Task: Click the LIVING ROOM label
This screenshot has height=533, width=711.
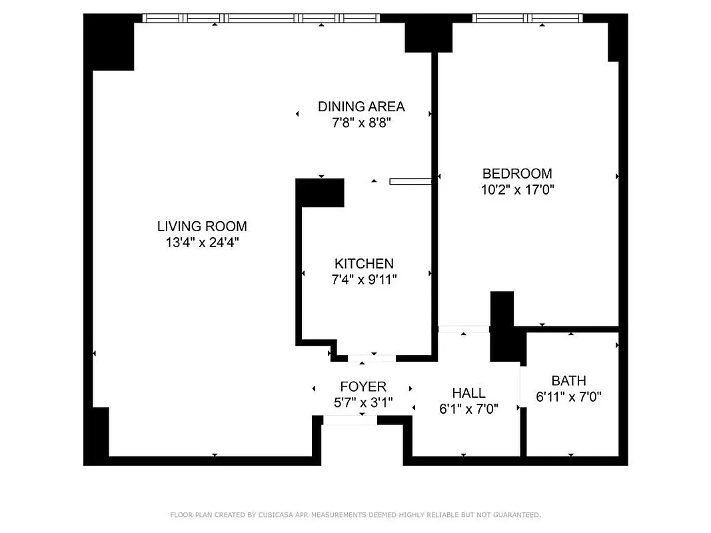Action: [x=202, y=226]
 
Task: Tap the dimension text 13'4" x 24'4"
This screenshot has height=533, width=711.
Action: [x=202, y=243]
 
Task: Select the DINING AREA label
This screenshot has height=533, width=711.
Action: [x=361, y=107]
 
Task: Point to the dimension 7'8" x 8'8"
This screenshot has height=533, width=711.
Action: [x=361, y=123]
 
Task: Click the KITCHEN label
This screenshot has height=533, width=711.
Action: [x=364, y=264]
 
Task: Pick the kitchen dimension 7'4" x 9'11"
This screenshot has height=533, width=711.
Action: [x=364, y=280]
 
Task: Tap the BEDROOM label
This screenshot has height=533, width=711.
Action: [x=517, y=174]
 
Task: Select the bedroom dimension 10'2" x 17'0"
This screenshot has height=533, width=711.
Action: [x=517, y=190]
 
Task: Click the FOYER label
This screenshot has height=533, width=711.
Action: [x=363, y=387]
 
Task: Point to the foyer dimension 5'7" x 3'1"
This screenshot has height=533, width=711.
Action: [x=363, y=403]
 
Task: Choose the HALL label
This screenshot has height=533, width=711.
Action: [x=468, y=393]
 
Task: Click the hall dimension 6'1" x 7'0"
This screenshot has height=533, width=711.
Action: [x=468, y=409]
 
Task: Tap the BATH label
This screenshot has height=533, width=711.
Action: [x=569, y=381]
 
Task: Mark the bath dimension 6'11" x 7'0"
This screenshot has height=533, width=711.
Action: [x=569, y=397]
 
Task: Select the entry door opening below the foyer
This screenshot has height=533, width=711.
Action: [x=350, y=420]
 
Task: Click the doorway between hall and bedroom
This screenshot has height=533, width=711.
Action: [x=464, y=329]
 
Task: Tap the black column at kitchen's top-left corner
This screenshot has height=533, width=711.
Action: [x=321, y=193]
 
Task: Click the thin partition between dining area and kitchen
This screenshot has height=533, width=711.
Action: [x=410, y=181]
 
